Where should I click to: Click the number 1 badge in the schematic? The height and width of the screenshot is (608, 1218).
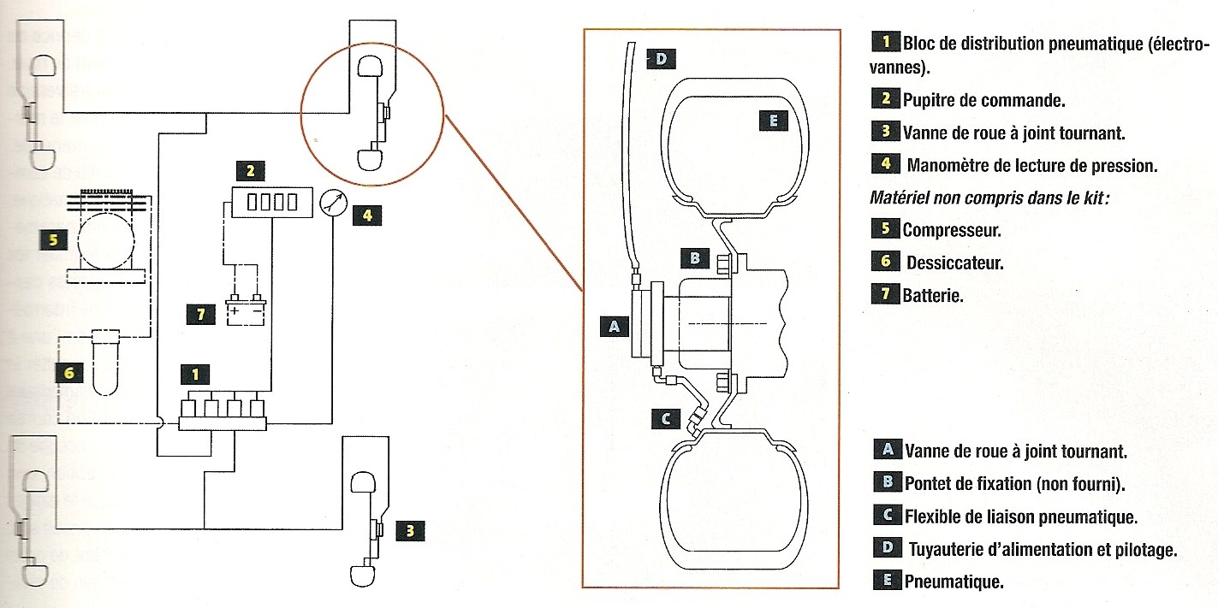[196, 374]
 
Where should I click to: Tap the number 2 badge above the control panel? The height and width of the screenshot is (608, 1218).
[249, 171]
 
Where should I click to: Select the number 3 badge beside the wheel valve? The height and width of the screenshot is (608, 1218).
[410, 531]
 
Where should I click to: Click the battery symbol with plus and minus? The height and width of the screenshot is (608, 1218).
[245, 311]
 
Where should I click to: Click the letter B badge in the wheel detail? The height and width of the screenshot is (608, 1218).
[695, 257]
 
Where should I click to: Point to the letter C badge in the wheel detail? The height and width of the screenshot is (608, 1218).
[669, 418]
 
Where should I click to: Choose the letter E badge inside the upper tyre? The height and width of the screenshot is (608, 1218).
[773, 121]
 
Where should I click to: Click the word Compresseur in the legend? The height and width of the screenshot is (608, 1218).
[952, 230]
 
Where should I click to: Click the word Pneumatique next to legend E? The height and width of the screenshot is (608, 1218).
[954, 581]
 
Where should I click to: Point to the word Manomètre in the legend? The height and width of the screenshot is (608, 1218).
[948, 165]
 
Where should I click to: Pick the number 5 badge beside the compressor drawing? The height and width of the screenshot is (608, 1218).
[53, 240]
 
